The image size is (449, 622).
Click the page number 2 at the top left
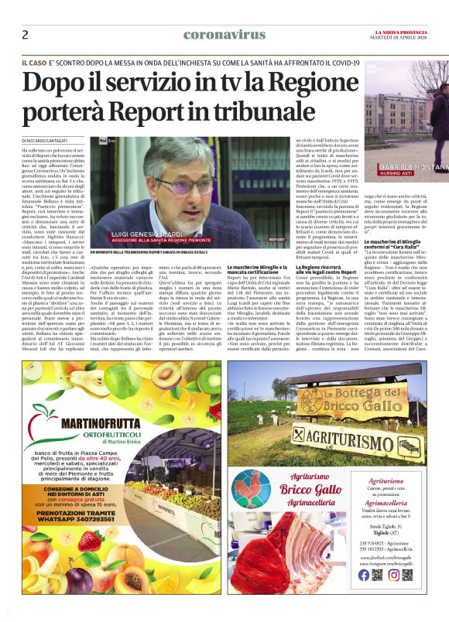(x=25, y=35)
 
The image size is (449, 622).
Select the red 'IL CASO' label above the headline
(x=34, y=61)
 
